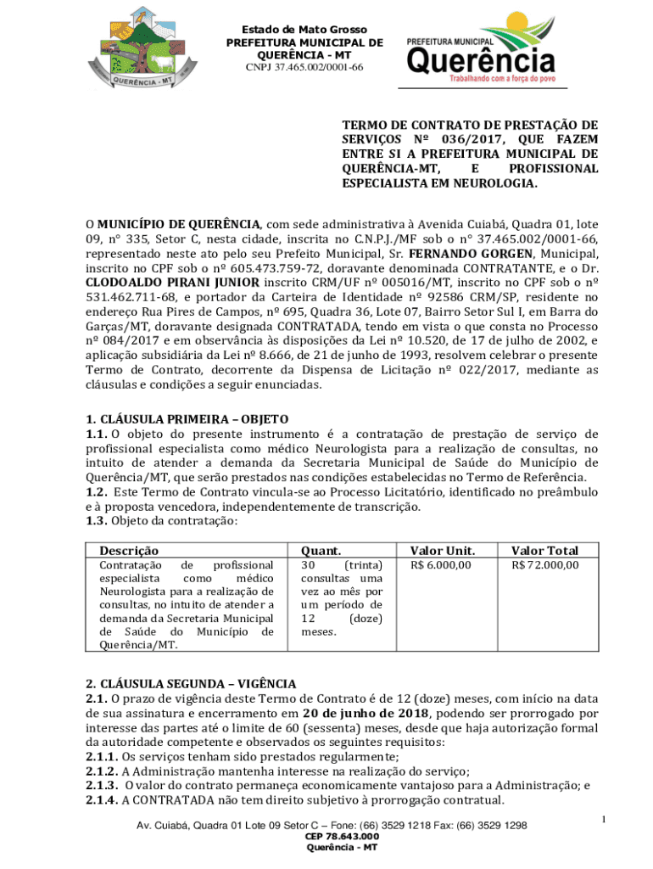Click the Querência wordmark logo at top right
pyautogui.click(x=481, y=53)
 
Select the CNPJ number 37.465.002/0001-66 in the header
pyautogui.click(x=304, y=67)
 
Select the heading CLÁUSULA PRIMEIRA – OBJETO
pyautogui.click(x=187, y=419)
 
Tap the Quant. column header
pyautogui.click(x=321, y=550)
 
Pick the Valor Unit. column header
pyautogui.click(x=442, y=550)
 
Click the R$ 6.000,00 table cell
pyautogui.click(x=441, y=565)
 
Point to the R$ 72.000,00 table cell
pyautogui.click(x=544, y=565)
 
